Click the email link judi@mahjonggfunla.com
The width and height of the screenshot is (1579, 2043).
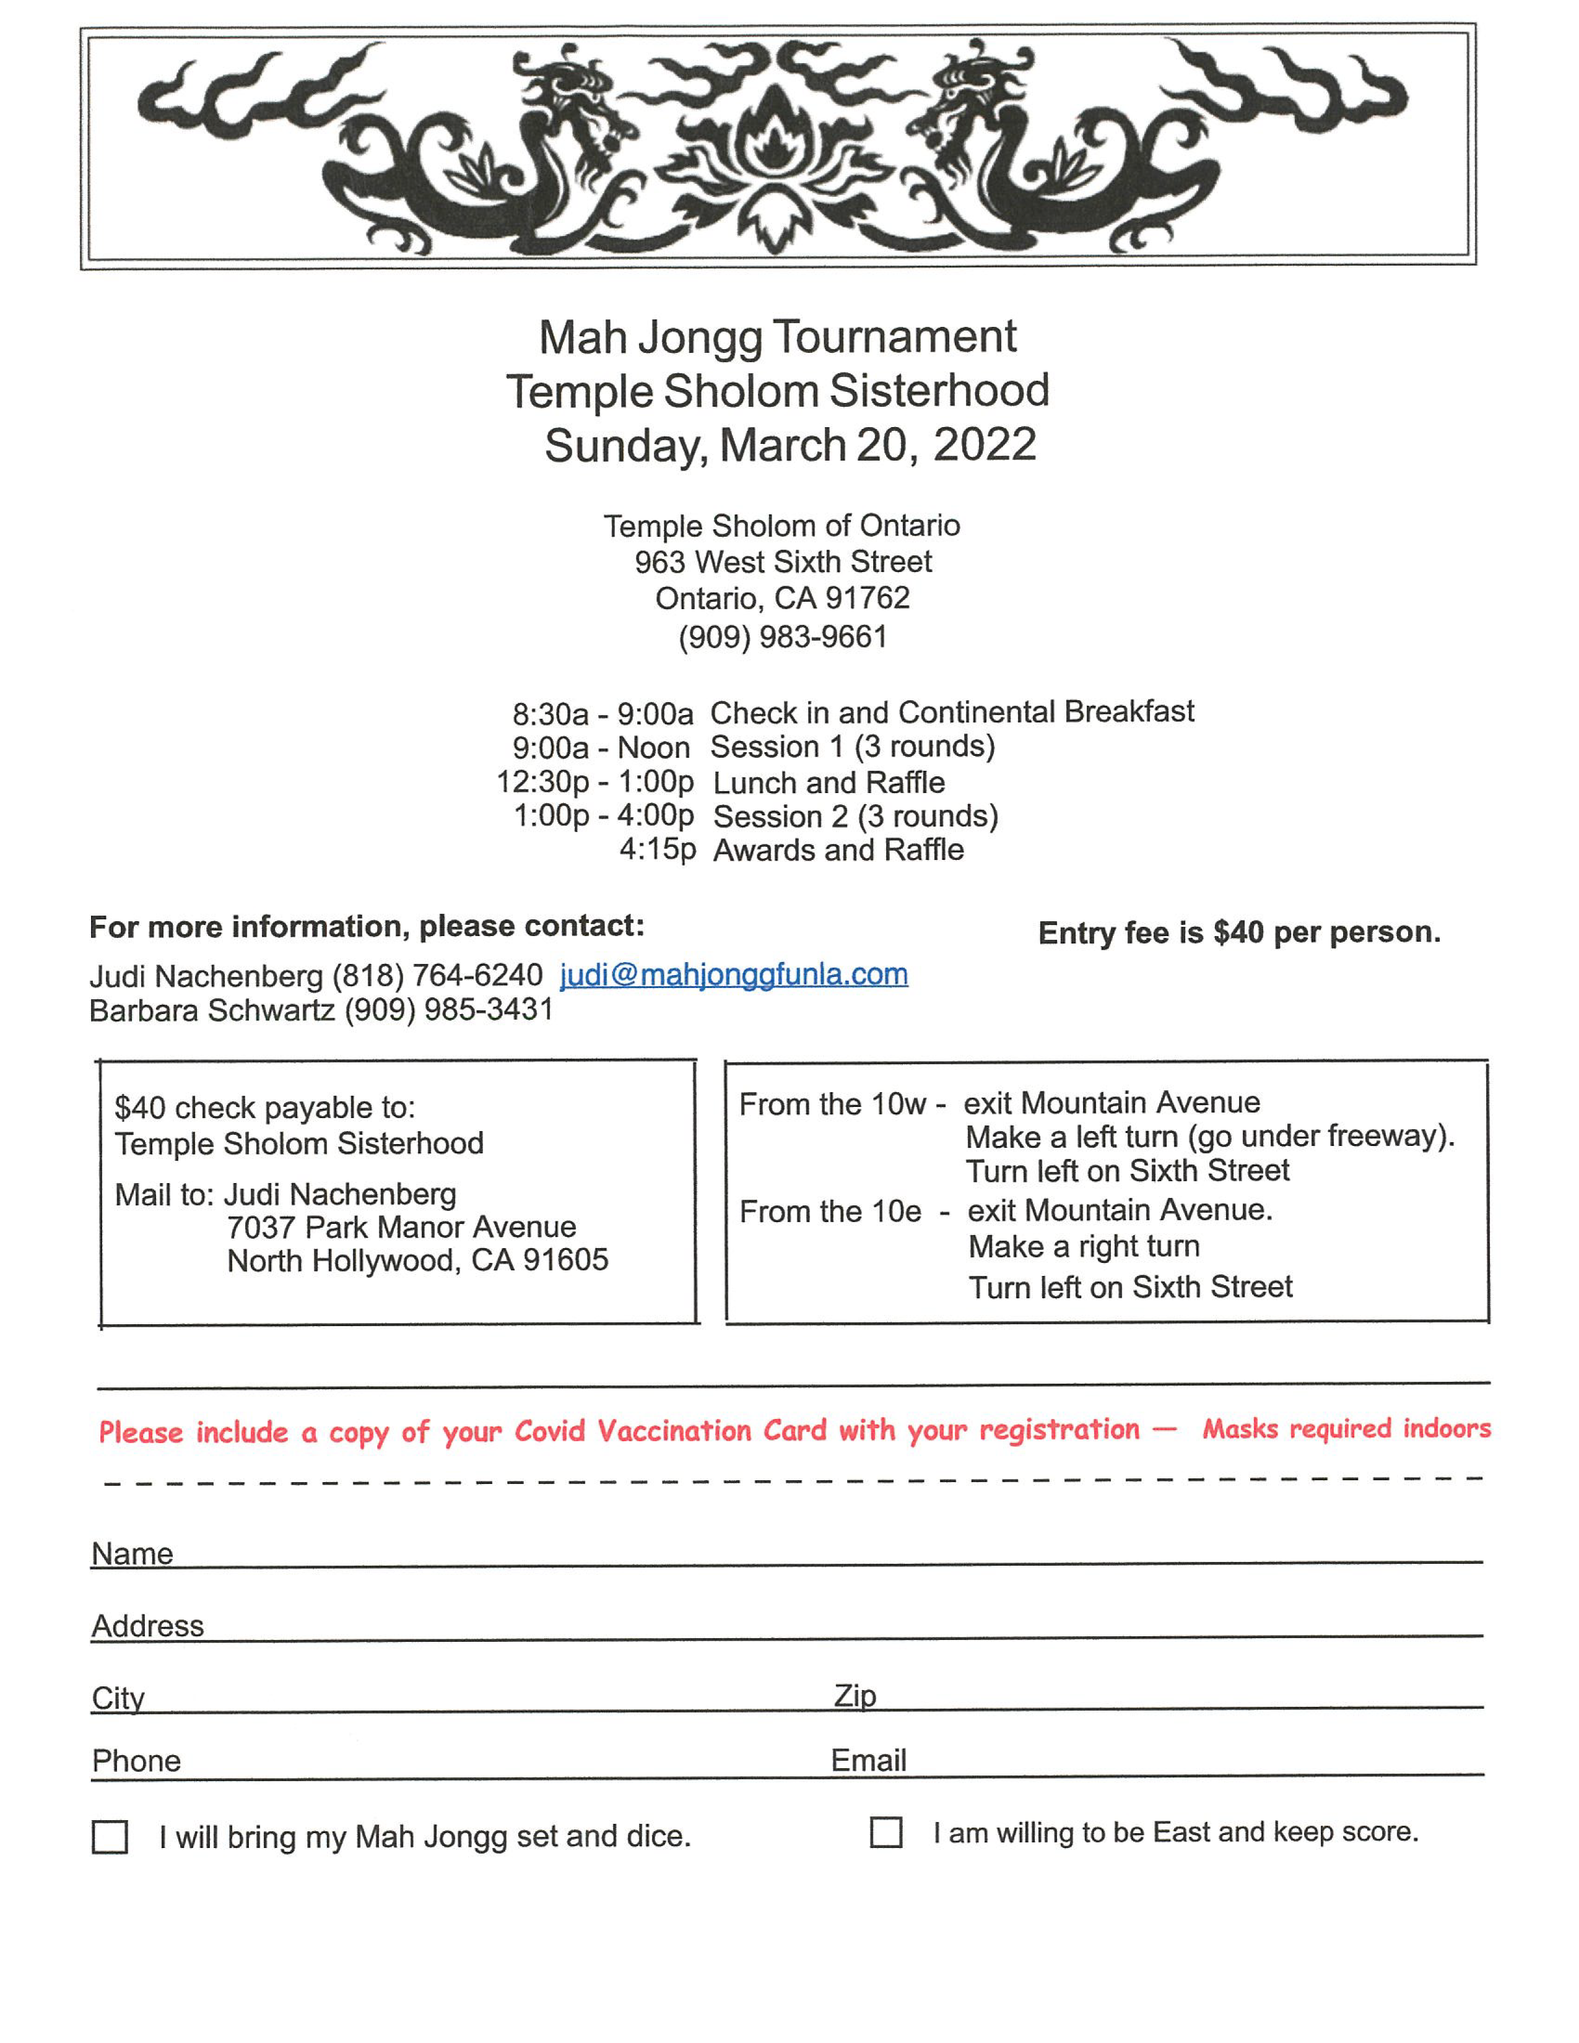(733, 974)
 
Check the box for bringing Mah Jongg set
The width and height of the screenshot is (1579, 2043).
(110, 1836)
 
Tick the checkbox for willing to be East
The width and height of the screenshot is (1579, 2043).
(886, 1832)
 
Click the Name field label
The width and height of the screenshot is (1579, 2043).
(132, 1554)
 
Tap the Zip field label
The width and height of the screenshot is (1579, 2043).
(855, 1695)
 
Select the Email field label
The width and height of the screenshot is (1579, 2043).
(868, 1759)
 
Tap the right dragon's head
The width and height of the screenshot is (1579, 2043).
(963, 103)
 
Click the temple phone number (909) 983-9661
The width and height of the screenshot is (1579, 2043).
(782, 637)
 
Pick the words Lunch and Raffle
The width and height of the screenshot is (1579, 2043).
(829, 782)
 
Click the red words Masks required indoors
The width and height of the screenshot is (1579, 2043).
(1346, 1428)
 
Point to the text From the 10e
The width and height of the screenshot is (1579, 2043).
(830, 1212)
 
